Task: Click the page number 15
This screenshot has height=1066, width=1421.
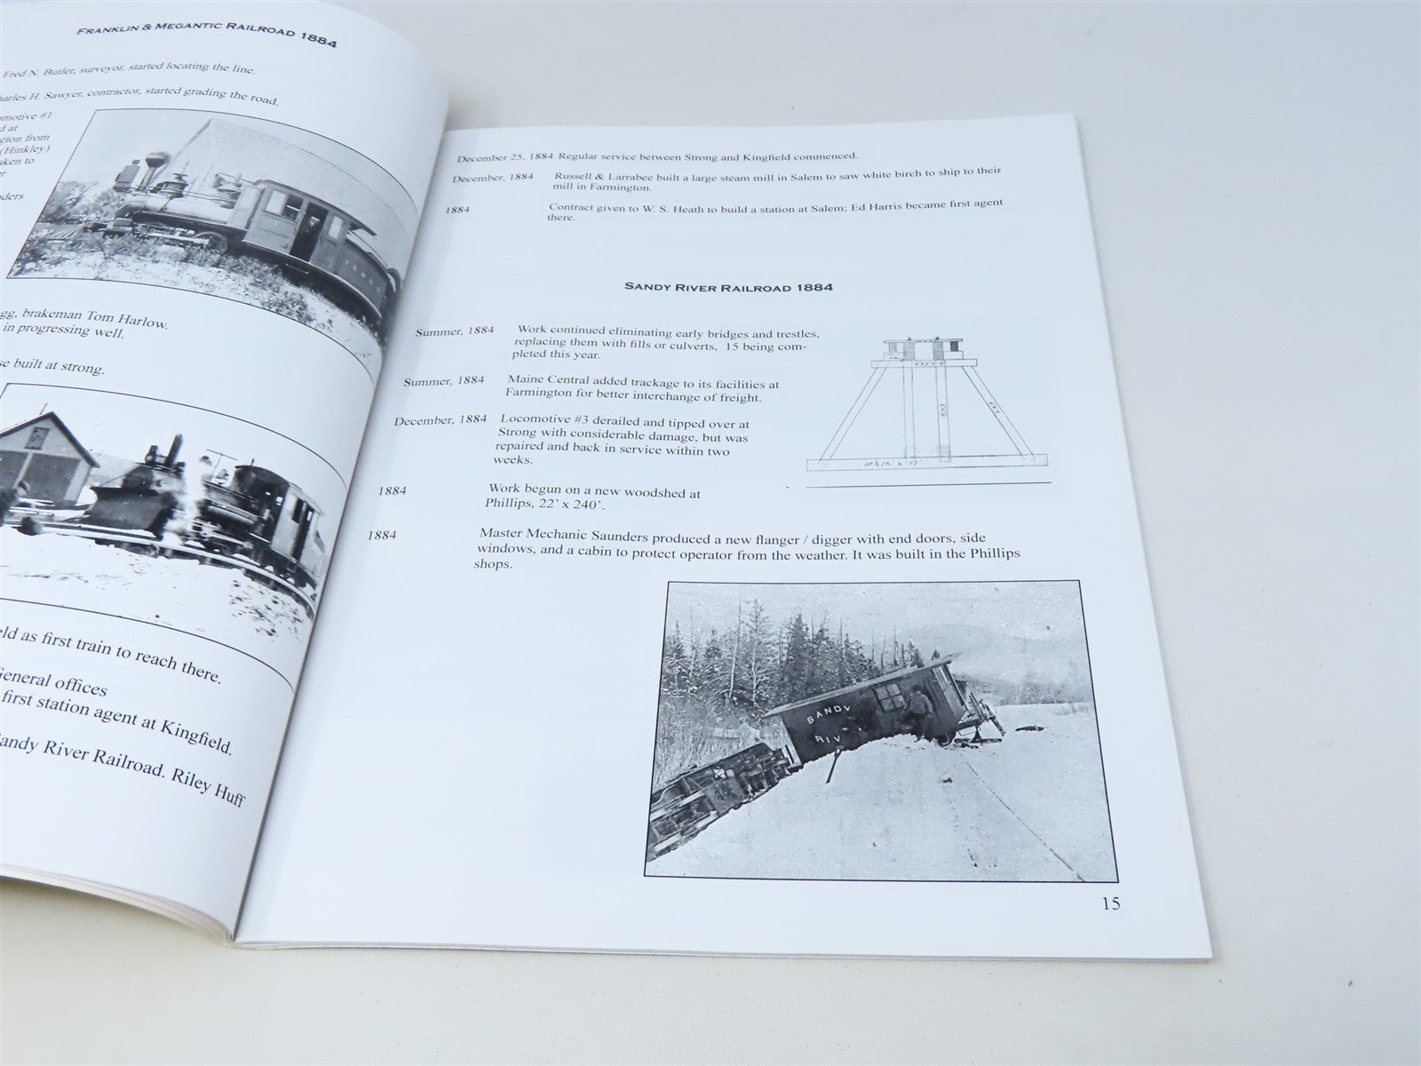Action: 1110,904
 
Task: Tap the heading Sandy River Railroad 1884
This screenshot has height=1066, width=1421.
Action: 734,287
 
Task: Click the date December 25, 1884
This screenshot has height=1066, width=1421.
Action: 505,158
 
